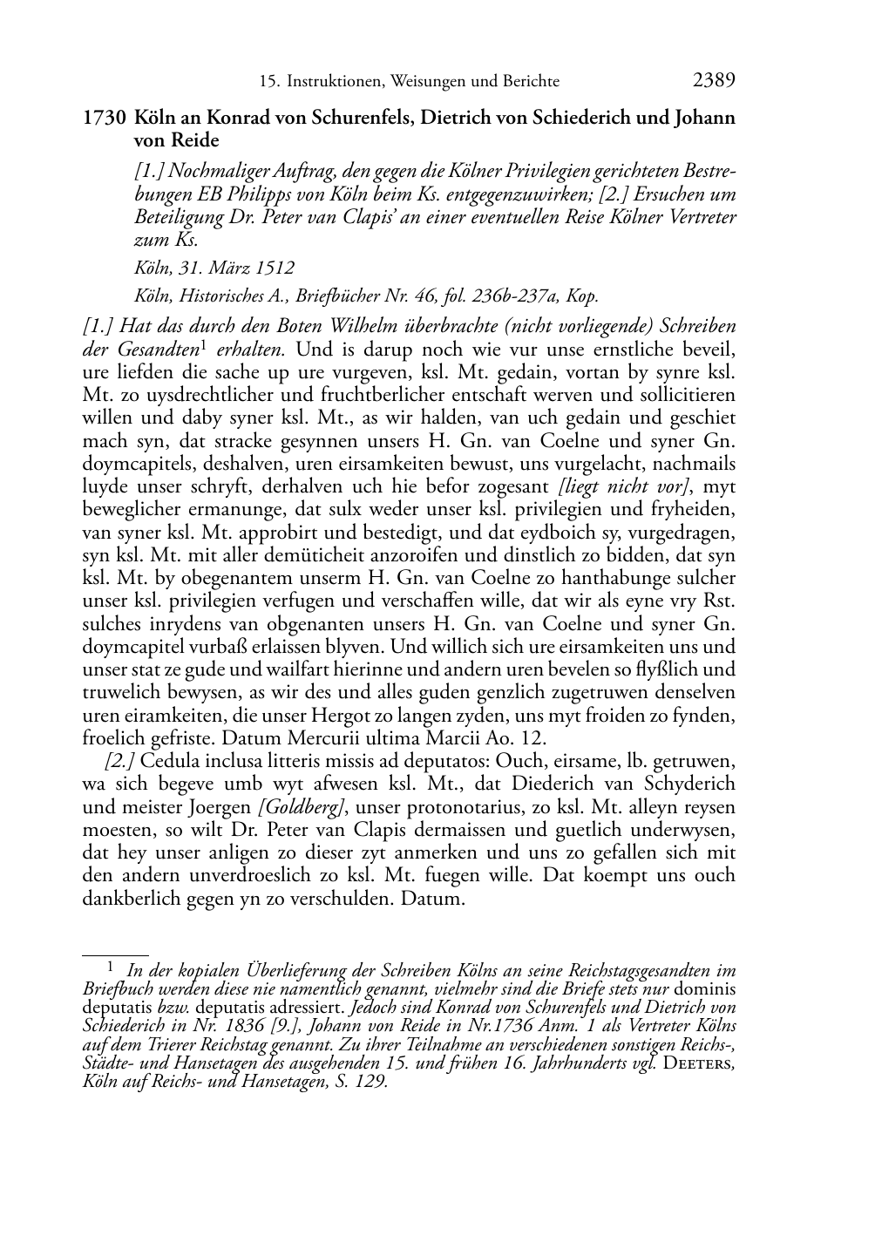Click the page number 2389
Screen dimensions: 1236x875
(x=714, y=81)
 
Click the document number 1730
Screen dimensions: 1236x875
(x=105, y=118)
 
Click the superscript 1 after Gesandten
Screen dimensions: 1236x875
(x=202, y=346)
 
